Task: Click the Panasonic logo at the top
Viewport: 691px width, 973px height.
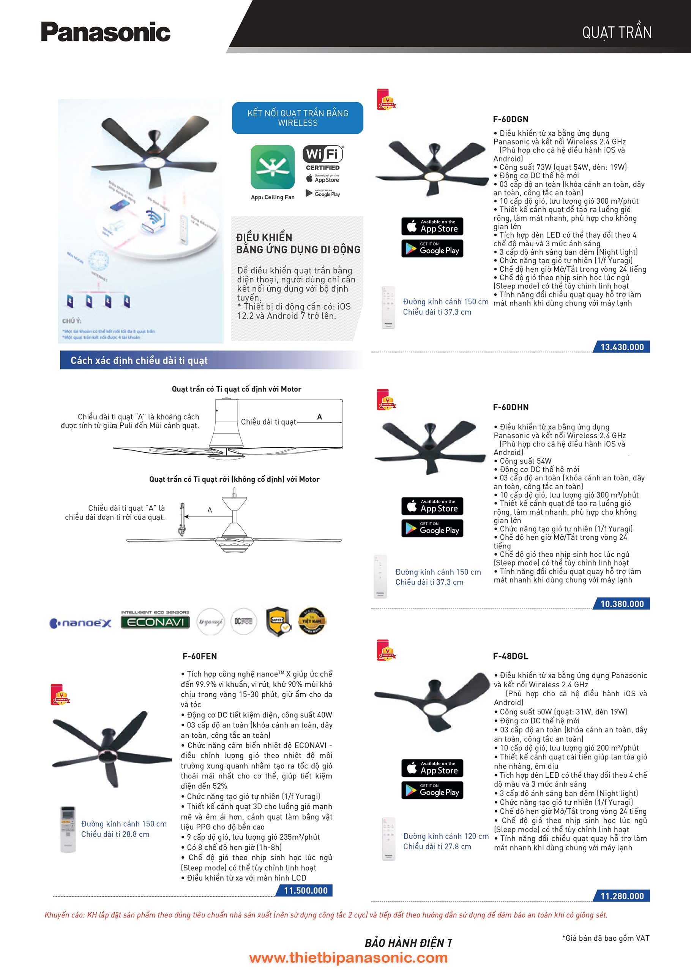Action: pos(106,32)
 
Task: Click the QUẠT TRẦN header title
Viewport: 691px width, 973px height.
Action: pos(617,33)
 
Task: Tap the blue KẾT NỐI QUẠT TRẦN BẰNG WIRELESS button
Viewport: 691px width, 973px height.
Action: pos(297,118)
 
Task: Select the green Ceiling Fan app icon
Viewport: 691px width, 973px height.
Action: pos(272,167)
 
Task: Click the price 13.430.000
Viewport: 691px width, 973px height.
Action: pos(622,347)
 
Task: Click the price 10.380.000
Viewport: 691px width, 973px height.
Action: pos(622,604)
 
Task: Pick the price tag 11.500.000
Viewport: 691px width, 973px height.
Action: pos(306,891)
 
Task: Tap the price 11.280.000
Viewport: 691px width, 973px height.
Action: pos(622,896)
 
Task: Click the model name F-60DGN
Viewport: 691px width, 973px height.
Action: pos(510,119)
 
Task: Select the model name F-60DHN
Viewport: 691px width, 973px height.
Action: pos(511,407)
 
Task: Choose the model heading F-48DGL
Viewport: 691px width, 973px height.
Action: pos(510,656)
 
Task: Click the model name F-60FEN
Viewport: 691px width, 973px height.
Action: pos(200,656)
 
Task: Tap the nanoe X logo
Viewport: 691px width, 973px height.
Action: pos(81,623)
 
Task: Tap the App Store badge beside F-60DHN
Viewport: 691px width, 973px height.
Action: pos(432,506)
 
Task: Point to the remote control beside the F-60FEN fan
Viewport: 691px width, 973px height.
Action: pos(68,829)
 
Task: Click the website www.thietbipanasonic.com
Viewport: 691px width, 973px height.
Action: pos(348,958)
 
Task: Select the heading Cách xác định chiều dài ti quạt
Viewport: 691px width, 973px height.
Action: pos(139,361)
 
